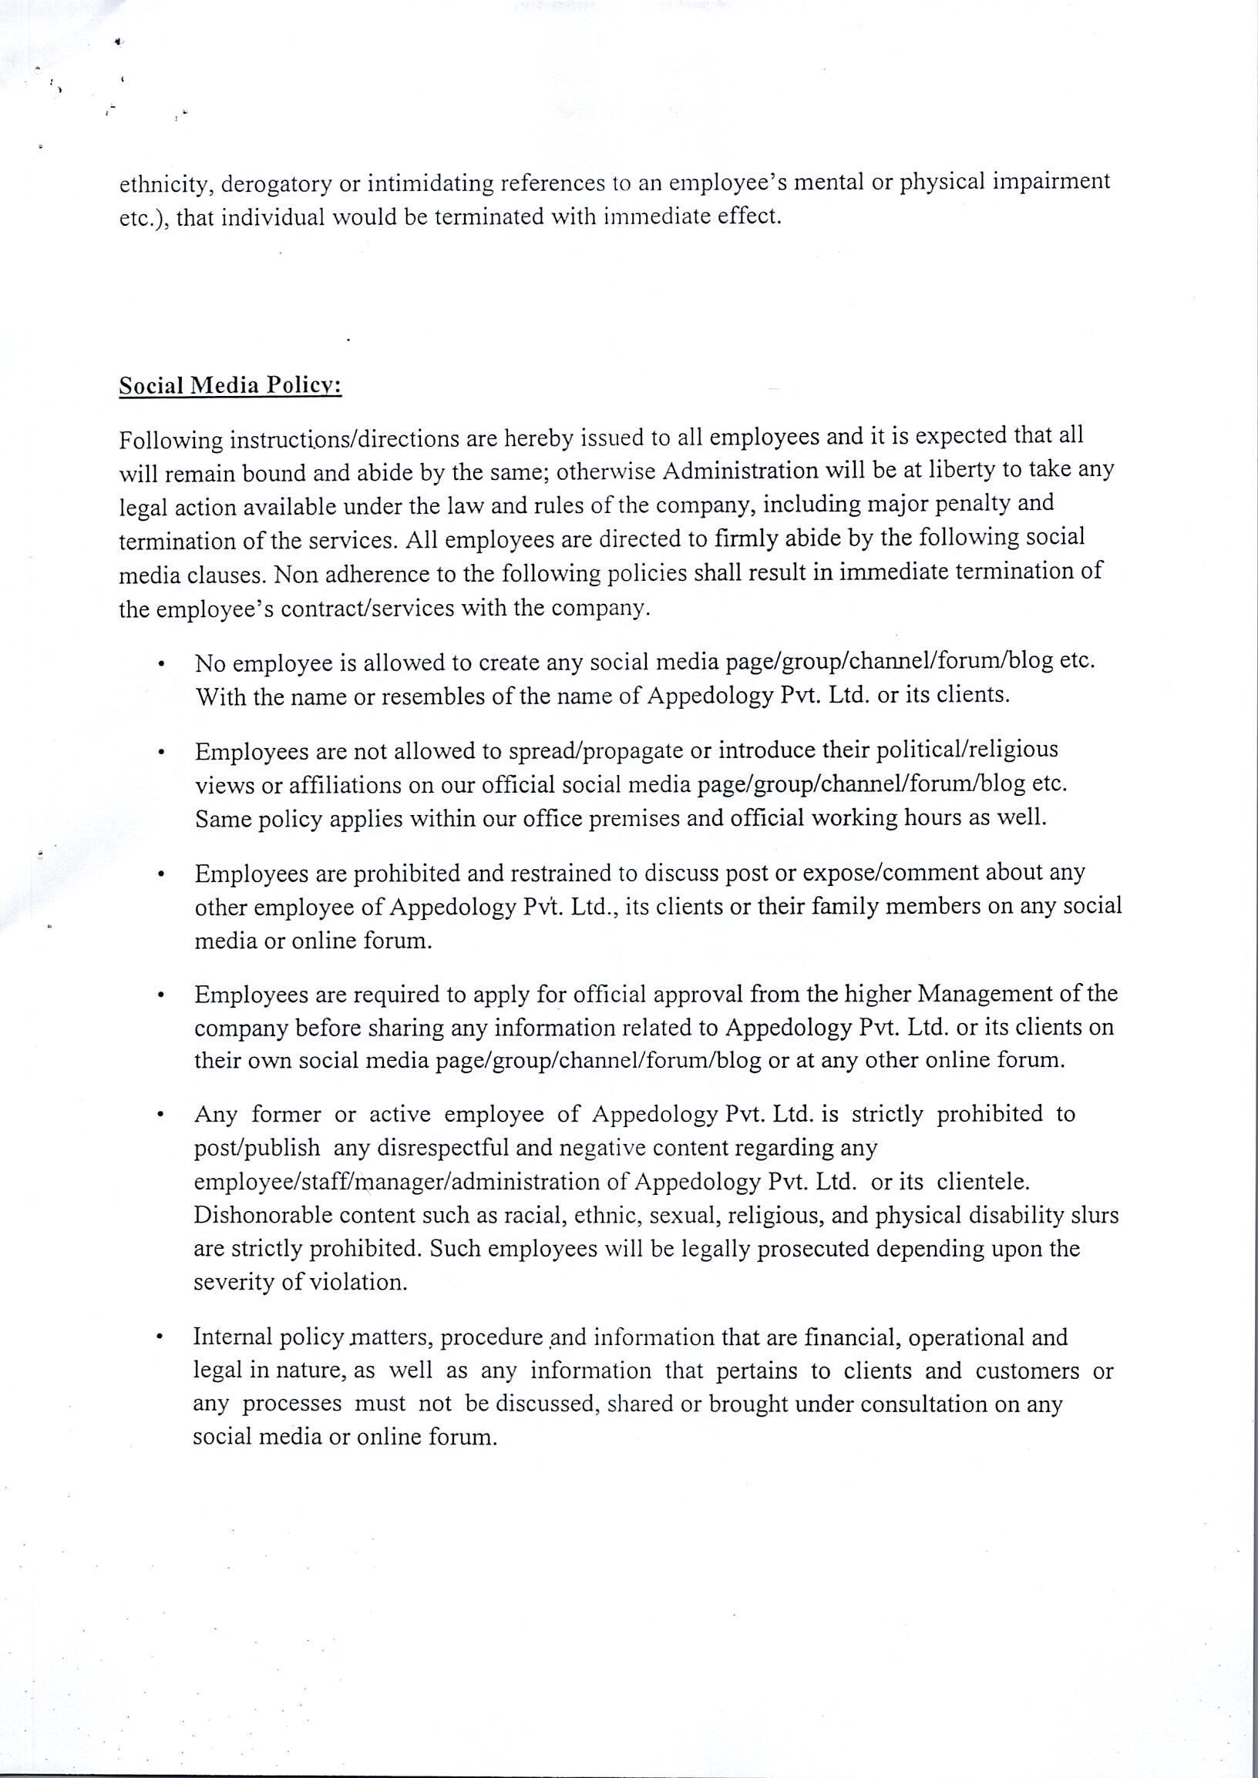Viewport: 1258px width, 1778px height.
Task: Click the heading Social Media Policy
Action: click(x=230, y=385)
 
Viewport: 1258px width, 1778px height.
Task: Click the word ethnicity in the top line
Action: click(x=166, y=184)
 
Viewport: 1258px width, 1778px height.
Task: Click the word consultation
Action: click(x=923, y=1404)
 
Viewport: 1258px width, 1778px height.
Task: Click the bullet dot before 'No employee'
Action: click(x=160, y=663)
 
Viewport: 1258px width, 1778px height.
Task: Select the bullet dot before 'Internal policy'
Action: click(x=159, y=1337)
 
